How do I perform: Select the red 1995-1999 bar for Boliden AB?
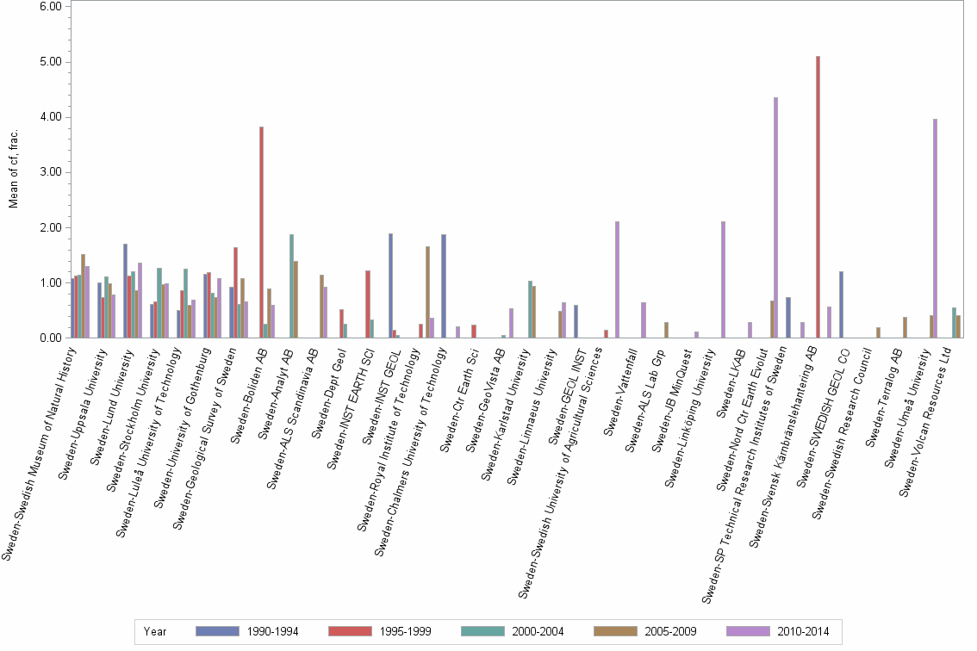(261, 232)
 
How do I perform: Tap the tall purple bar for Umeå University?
(935, 228)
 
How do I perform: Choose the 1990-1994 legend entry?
(248, 631)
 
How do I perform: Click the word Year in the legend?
(156, 631)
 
